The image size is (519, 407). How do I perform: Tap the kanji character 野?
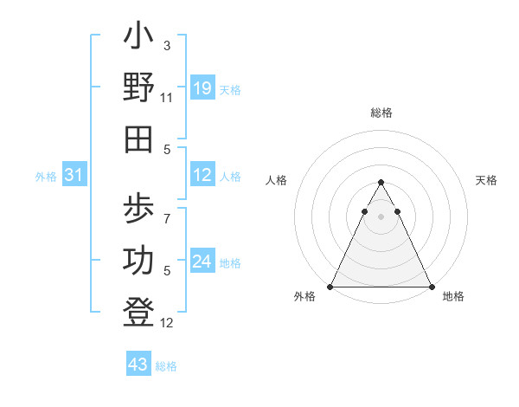click(x=139, y=88)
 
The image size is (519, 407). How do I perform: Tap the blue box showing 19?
click(x=202, y=88)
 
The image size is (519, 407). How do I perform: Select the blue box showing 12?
click(x=202, y=175)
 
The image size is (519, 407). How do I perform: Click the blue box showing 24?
click(x=202, y=262)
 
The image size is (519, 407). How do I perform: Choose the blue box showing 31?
click(x=74, y=175)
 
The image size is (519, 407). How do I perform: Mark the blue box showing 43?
click(x=138, y=365)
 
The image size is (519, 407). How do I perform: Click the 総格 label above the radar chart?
click(x=381, y=113)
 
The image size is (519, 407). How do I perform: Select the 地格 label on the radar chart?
click(x=453, y=297)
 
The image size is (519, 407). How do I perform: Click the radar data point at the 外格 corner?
click(x=330, y=287)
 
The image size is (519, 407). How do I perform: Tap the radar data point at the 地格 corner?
click(x=431, y=287)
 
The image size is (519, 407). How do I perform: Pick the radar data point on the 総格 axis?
click(x=381, y=183)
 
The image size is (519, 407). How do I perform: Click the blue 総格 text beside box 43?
click(x=167, y=366)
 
